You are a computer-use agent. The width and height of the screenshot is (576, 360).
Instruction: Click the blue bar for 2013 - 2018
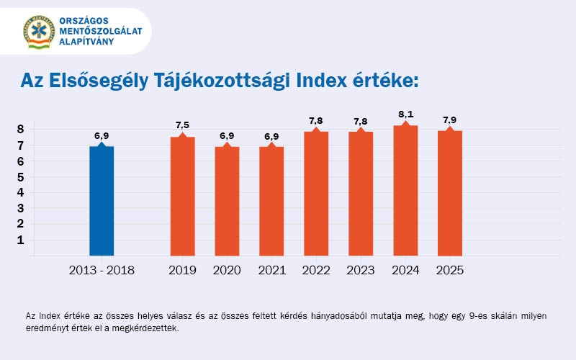point(102,200)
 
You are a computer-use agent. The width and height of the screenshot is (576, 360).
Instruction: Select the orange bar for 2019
point(182,196)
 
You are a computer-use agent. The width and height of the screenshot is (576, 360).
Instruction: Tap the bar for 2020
point(227,200)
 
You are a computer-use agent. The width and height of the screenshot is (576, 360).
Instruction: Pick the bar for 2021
point(271,200)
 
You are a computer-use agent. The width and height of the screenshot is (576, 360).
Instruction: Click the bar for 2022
point(316,193)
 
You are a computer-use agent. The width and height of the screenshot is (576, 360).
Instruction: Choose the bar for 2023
point(361,193)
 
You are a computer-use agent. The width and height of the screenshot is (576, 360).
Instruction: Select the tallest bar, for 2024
point(405,190)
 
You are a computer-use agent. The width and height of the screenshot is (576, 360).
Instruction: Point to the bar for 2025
point(450,192)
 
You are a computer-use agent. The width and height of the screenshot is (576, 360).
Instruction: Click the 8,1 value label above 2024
point(405,115)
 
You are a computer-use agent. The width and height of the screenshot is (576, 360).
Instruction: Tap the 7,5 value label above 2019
point(182,126)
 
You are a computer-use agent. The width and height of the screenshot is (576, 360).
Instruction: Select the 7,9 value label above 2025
point(450,120)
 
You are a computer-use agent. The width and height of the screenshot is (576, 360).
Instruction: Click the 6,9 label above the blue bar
point(102,135)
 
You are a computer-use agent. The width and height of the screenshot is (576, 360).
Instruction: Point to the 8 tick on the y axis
point(21,130)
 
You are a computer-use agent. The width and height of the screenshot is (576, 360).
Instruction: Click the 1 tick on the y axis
point(21,240)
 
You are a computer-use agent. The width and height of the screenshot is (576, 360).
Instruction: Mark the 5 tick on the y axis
point(21,177)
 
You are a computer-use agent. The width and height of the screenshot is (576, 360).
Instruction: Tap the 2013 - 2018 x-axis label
point(102,271)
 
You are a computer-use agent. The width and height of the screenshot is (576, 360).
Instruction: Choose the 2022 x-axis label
point(316,271)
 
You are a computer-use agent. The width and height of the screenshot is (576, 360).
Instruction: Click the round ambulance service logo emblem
point(39,31)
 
